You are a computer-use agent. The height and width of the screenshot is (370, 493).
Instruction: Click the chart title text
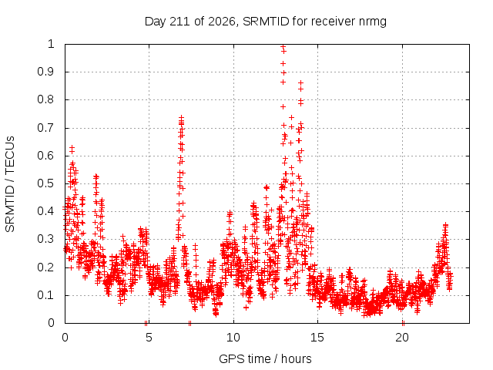coord(265,22)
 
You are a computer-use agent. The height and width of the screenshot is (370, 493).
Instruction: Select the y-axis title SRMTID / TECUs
coord(10,184)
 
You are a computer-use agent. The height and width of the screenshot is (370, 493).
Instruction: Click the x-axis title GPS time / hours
coord(265,358)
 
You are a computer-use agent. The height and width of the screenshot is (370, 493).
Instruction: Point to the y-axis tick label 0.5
coord(45,183)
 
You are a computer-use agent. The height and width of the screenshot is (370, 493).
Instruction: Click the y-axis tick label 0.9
coord(45,72)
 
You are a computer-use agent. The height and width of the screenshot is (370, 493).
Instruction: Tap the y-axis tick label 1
coord(51,44)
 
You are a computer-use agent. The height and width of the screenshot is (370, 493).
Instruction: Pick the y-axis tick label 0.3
coord(45,239)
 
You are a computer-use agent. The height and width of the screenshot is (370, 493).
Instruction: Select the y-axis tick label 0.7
coord(45,128)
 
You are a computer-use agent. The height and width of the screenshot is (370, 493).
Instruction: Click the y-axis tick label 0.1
coord(45,295)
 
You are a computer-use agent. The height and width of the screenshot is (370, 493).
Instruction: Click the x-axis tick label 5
coord(149,338)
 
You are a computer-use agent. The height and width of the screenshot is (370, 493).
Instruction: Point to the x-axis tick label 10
coord(233,338)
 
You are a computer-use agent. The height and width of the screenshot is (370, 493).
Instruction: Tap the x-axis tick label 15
coord(317,338)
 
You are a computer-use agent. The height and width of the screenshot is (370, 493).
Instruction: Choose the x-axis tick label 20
coord(402,338)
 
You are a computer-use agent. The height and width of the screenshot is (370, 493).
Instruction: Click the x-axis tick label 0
coord(65,338)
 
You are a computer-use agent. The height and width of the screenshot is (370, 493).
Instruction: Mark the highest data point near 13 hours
coord(283,47)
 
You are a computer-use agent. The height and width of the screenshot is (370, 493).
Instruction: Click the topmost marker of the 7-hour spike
coord(181,118)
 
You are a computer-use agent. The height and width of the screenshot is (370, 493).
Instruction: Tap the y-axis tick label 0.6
coord(45,156)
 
